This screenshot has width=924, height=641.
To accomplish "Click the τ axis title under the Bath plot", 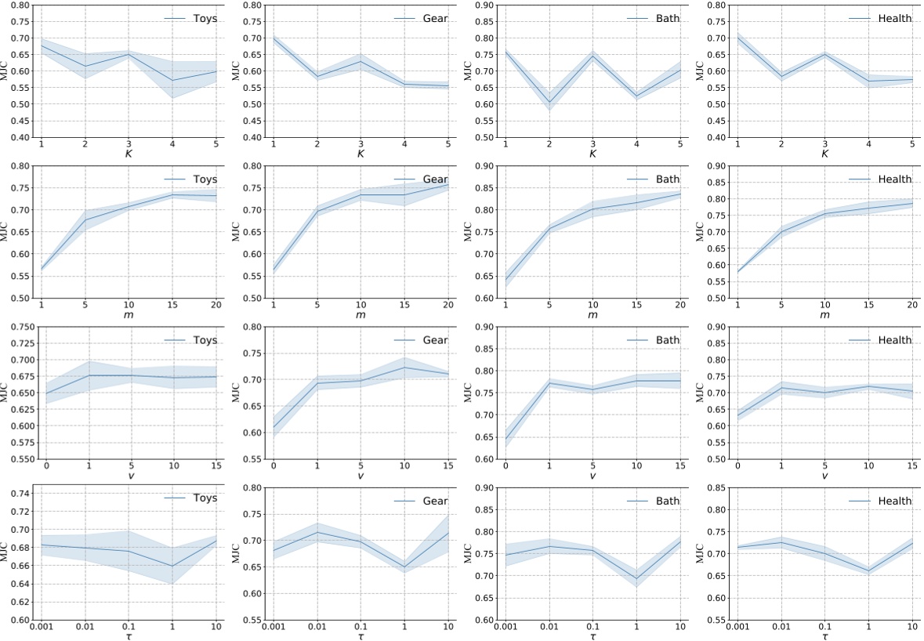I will click(x=593, y=636).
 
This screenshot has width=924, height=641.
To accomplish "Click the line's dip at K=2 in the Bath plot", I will click(x=549, y=102).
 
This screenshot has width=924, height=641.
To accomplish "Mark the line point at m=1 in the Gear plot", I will click(x=274, y=269).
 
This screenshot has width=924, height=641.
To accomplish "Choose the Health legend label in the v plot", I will click(x=895, y=340).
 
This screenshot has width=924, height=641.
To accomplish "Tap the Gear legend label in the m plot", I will click(x=435, y=179).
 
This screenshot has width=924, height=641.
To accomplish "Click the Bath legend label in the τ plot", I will click(x=668, y=501).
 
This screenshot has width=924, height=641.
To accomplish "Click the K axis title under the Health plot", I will click(x=824, y=154).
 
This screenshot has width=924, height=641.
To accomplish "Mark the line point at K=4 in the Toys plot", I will click(x=172, y=80).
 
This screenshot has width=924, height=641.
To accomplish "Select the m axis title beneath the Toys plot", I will click(x=129, y=314).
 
